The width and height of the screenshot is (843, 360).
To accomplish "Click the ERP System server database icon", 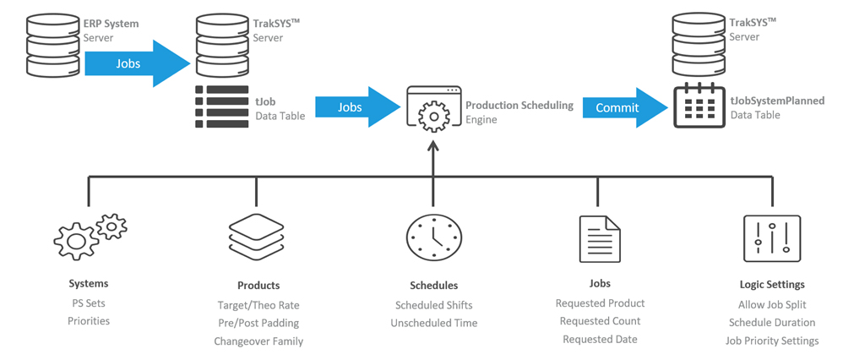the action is point(52,45).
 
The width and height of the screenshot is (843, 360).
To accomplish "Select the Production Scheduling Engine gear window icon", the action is point(433,109).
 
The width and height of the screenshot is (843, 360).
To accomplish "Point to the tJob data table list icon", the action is point(221,106).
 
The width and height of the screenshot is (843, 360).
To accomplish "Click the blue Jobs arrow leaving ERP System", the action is point(138,63).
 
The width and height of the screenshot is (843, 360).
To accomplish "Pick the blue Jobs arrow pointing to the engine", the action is point(357,107).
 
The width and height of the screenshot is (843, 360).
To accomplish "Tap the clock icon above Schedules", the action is point(433,237).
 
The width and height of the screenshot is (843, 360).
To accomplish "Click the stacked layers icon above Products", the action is point(256,237).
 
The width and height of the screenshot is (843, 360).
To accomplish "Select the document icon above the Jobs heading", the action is point(600,238).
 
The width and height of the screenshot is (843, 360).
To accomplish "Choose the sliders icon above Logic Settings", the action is point(772,238).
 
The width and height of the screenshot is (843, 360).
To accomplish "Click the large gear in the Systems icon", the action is point(76,241).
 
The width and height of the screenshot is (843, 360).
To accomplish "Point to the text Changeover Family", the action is point(258,341).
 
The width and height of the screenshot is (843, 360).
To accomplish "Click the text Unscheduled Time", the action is point(434,323).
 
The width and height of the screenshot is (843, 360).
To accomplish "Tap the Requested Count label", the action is point(600,321).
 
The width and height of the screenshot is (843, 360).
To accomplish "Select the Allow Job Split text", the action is point(772,304).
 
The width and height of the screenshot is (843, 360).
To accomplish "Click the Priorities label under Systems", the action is point(89,321).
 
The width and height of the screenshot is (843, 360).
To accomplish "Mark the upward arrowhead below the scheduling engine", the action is point(433,145).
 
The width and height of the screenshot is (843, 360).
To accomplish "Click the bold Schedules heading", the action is point(434,285).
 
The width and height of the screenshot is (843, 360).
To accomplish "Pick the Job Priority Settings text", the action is point(772,341).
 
